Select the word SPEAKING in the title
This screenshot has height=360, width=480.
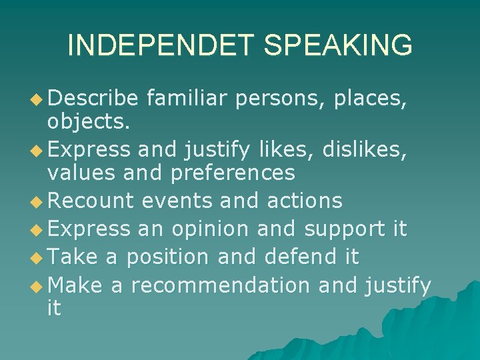(338, 45)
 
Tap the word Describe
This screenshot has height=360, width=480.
(93, 99)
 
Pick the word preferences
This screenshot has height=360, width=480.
(233, 173)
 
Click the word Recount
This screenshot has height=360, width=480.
(91, 200)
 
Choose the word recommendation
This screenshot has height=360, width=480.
(220, 285)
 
